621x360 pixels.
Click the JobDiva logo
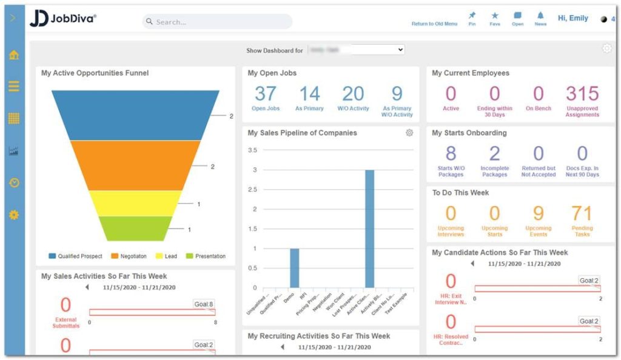pyautogui.click(x=63, y=19)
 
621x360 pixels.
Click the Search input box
pyautogui.click(x=218, y=22)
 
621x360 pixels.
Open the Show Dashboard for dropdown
pyautogui.click(x=356, y=50)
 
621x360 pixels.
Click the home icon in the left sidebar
pyautogui.click(x=14, y=55)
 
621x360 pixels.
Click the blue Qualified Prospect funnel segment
pyautogui.click(x=135, y=115)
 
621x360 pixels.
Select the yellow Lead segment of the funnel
pyautogui.click(x=135, y=203)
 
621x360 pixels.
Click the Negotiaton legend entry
pyautogui.click(x=131, y=256)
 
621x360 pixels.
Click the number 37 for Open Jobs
pyautogui.click(x=266, y=94)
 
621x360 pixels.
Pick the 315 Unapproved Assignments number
pyautogui.click(x=582, y=94)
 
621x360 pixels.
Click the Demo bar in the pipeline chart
pyautogui.click(x=294, y=268)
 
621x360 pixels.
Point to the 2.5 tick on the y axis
pyautogui.click(x=252, y=190)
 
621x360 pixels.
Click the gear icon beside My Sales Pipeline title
pyautogui.click(x=409, y=133)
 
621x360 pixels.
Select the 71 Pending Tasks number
pyautogui.click(x=582, y=213)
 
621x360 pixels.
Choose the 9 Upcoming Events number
pyautogui.click(x=538, y=213)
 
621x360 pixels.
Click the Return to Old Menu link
pyautogui.click(x=434, y=24)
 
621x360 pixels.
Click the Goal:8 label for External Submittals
pyautogui.click(x=204, y=304)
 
